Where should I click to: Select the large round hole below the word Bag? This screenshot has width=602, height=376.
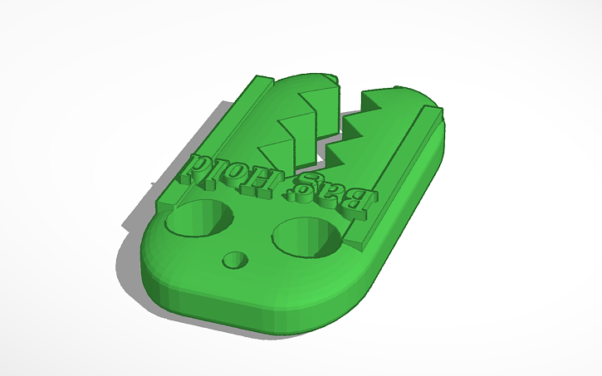[x=306, y=237]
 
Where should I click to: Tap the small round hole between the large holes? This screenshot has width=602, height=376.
[x=237, y=261]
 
